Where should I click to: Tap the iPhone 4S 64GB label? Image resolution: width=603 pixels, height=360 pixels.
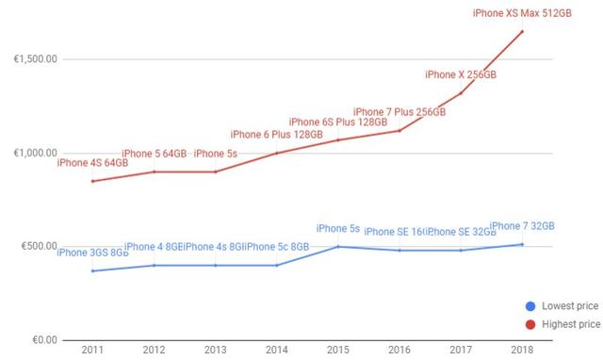click(x=91, y=162)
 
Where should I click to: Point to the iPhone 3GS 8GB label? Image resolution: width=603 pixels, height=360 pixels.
click(x=91, y=252)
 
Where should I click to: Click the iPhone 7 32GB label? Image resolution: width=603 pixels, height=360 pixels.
click(x=521, y=226)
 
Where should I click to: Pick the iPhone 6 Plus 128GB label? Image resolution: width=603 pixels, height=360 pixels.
click(x=276, y=135)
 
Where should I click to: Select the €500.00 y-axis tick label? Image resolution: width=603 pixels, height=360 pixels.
click(x=39, y=247)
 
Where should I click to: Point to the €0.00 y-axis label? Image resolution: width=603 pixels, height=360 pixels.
click(x=42, y=340)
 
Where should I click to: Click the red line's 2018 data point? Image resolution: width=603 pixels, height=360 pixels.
click(x=521, y=31)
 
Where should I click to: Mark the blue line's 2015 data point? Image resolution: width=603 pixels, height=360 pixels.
click(x=337, y=247)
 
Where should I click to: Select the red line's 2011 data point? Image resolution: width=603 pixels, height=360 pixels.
click(x=91, y=181)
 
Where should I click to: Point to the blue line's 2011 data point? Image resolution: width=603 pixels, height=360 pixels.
click(x=91, y=271)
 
